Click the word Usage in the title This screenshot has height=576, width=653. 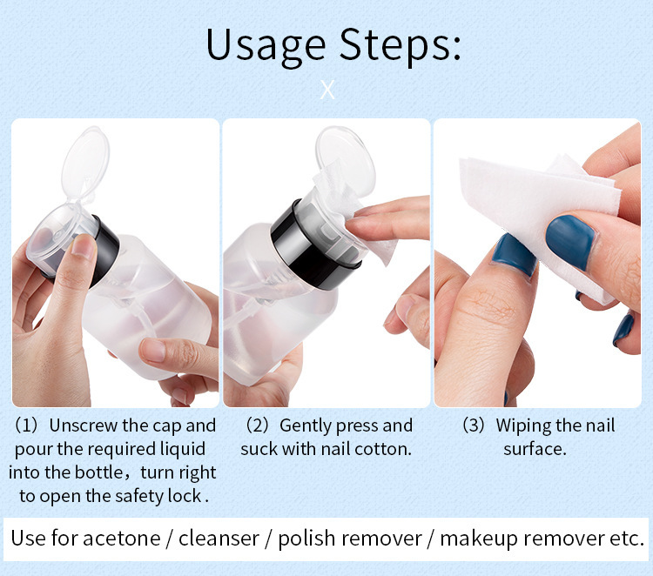[x=266, y=45]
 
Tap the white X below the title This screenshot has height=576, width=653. [x=327, y=90]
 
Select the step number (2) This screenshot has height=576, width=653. [x=257, y=425]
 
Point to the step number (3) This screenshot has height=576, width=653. [x=473, y=425]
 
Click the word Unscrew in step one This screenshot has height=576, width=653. [x=84, y=425]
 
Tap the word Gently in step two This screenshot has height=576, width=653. [x=306, y=426]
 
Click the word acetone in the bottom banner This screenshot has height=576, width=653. [x=122, y=538]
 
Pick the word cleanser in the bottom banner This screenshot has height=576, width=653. [x=219, y=538]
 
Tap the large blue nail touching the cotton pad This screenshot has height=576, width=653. [x=570, y=241]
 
